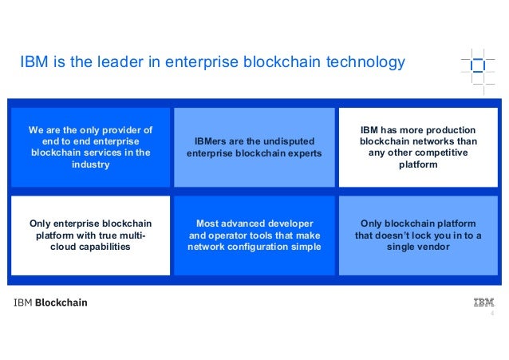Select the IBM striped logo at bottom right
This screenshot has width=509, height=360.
point(483,303)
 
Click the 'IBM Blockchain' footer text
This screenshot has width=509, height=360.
point(49,303)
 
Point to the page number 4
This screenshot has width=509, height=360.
point(491,314)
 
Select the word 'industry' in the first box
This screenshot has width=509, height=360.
point(89,164)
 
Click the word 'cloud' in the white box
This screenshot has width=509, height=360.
point(66,247)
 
